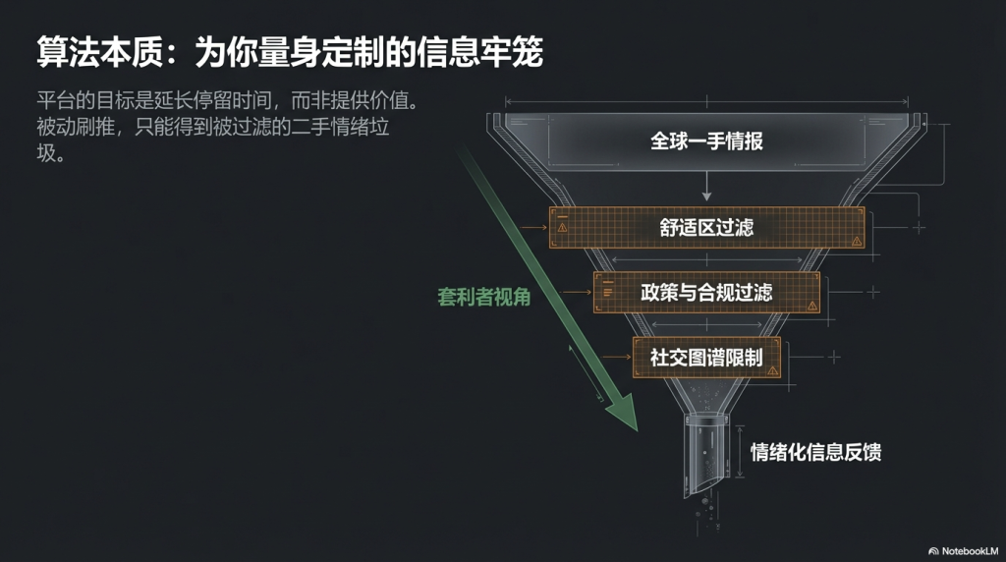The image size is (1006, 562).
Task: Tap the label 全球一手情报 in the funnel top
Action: [706, 140]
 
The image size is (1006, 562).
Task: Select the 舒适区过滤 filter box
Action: [706, 227]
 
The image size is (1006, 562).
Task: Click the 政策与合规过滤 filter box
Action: [706, 292]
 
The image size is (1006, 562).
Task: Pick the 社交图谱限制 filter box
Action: [706, 357]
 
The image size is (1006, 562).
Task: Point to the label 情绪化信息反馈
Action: [815, 452]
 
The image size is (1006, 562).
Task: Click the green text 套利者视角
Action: [483, 296]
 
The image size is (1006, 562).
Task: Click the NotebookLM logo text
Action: [969, 550]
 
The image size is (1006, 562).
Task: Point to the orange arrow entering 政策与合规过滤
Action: [580, 292]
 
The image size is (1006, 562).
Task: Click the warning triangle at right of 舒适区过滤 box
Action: [857, 240]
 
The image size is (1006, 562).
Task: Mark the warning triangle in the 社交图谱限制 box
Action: [773, 370]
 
